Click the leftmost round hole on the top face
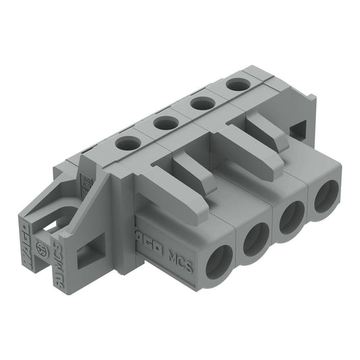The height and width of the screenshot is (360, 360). coord(126,143)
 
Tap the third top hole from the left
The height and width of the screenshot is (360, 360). coord(200,103)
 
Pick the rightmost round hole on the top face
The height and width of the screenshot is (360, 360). coord(235,84)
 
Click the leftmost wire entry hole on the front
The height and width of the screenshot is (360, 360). coord(218,261)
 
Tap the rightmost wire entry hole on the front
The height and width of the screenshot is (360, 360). coord(326,197)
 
